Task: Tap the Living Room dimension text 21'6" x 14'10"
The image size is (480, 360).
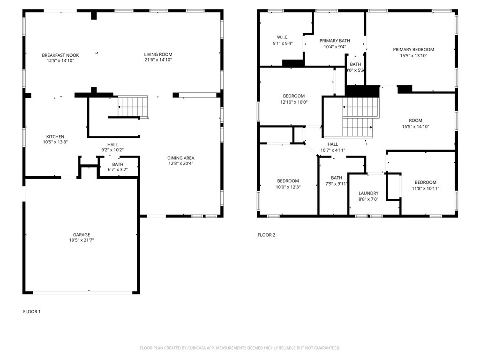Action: pos(158,60)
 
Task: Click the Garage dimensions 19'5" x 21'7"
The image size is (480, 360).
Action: pos(81,240)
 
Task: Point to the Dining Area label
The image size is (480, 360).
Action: pos(181,158)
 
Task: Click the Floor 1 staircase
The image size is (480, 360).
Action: pos(133,106)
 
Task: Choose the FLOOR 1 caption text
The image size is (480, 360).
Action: pos(32,311)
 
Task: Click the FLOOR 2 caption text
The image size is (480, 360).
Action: pos(266,235)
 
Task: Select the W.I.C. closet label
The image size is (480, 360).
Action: pos(282,37)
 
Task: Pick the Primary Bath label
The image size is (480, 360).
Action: pos(335,41)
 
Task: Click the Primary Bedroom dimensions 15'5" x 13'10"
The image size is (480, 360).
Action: pos(413,55)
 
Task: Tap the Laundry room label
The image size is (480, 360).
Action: pos(368,193)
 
